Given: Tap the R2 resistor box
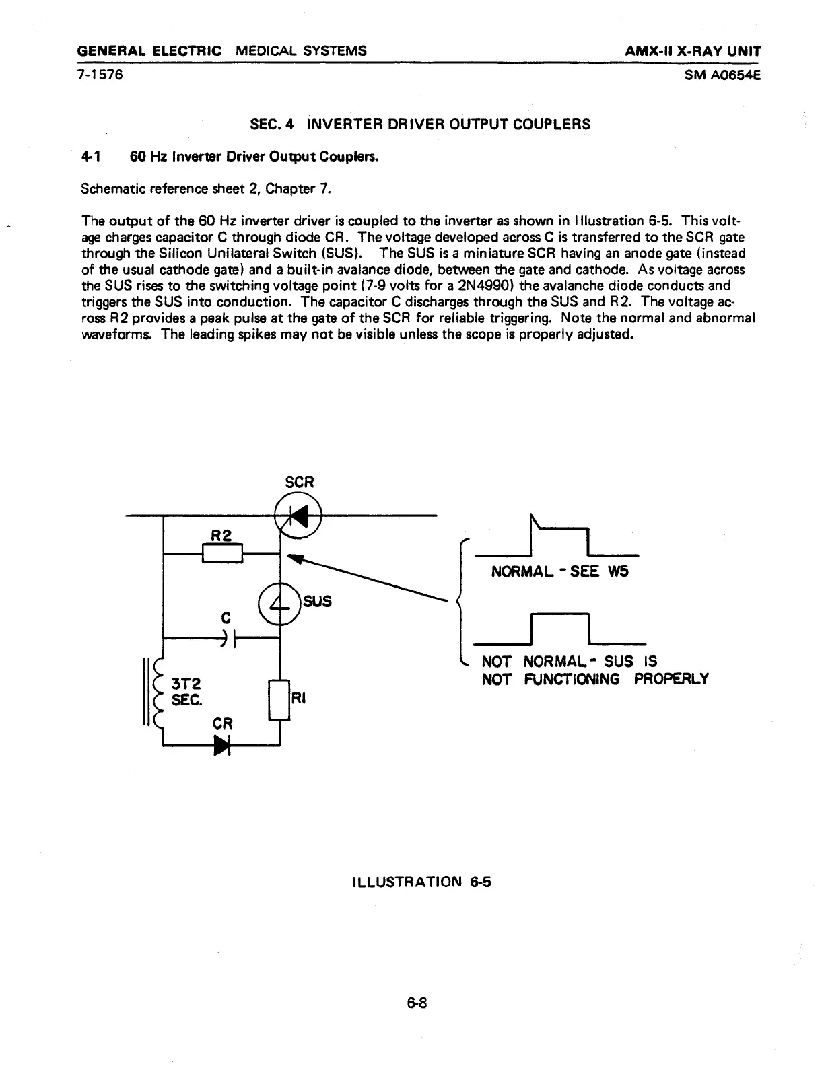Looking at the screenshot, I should [222, 553].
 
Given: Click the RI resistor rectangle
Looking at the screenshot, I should [279, 700].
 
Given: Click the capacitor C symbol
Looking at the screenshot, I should [230, 638].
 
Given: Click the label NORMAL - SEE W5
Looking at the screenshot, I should [559, 573].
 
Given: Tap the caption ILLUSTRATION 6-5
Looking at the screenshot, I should [421, 882].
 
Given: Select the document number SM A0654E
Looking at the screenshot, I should [722, 75].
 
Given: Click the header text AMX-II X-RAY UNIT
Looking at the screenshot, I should [694, 51].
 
